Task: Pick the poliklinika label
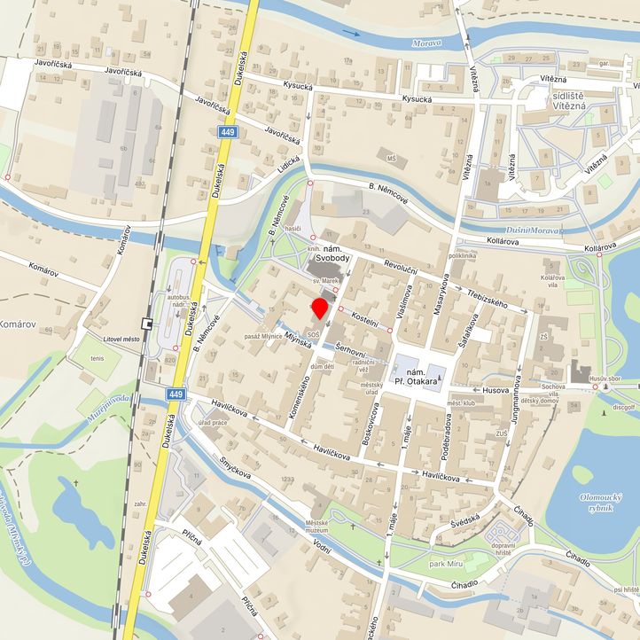click(465, 254)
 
